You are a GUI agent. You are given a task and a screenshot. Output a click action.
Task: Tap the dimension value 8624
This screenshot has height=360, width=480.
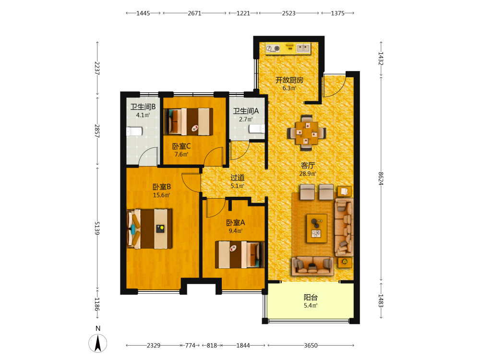click(381, 179)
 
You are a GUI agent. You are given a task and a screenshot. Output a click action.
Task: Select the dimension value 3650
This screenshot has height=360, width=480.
click(311, 345)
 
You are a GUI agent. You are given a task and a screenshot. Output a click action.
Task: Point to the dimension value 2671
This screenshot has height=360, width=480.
click(194, 13)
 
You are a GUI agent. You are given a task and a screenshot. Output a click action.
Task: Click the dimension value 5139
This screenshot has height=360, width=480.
click(97, 228)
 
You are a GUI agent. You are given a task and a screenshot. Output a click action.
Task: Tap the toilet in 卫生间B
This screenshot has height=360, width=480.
click(134, 132)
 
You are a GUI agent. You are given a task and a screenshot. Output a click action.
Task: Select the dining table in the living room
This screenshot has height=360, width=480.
click(306, 133)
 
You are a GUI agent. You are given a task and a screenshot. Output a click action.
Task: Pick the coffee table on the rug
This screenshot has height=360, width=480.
click(317, 228)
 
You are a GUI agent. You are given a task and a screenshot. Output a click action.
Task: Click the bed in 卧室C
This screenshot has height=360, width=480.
click(188, 121)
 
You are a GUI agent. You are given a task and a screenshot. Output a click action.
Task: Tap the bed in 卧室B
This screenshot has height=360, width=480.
click(149, 228)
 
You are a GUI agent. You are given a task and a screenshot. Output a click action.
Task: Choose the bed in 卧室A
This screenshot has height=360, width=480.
click(240, 255)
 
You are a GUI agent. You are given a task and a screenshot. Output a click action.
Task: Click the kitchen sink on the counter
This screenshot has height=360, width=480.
click(303, 48)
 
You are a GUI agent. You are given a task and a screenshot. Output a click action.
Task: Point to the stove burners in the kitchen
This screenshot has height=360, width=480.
click(273, 48)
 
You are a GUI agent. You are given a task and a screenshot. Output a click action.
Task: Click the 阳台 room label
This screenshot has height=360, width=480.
click(311, 297)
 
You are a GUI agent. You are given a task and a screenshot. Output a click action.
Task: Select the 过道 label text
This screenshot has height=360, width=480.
click(238, 178)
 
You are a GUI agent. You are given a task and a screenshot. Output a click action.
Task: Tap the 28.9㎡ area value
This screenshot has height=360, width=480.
click(308, 174)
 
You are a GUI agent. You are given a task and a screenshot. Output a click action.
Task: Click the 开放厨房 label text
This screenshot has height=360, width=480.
click(289, 80)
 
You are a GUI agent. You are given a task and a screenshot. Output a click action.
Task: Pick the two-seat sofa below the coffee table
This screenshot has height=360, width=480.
click(312, 266)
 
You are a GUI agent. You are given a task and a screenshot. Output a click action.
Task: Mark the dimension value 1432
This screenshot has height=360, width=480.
click(381, 59)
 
